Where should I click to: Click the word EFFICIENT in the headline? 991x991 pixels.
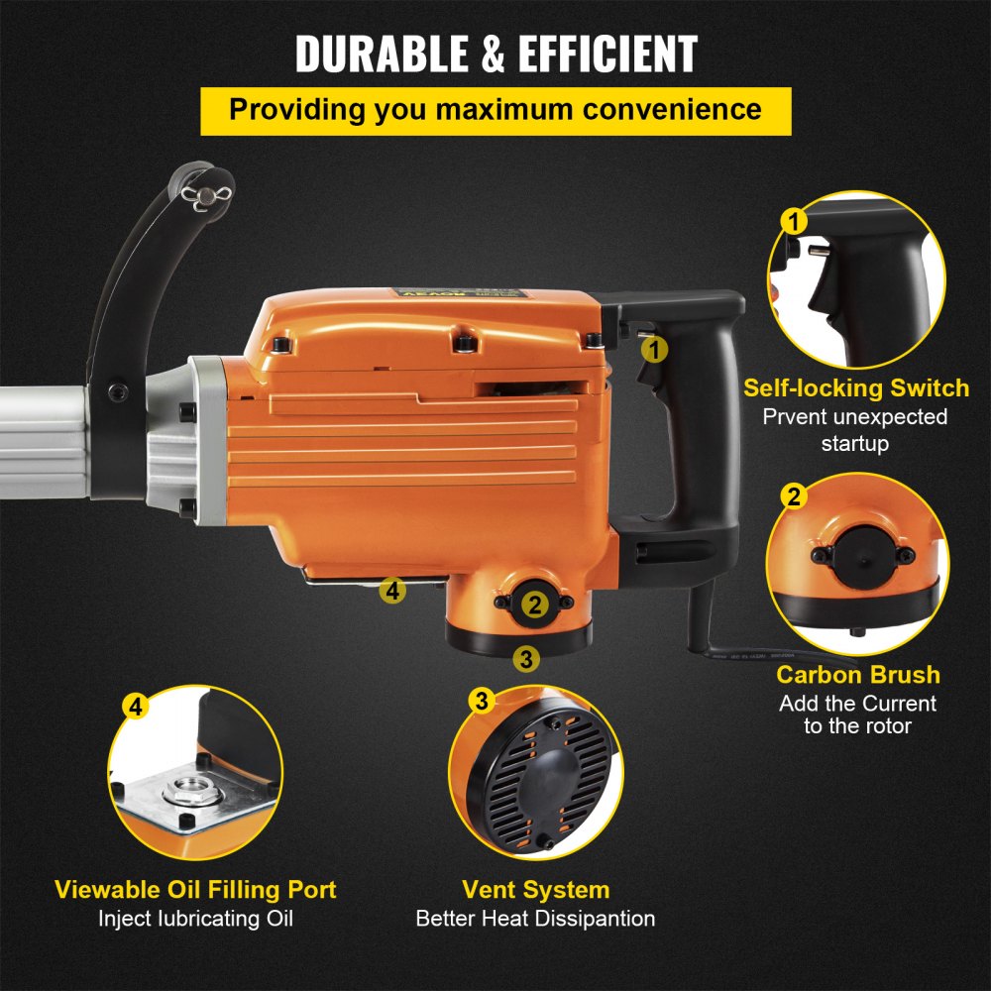pos(611,55)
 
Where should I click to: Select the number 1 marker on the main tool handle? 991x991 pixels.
pos(654,348)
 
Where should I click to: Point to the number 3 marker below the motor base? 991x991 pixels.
pos(526,657)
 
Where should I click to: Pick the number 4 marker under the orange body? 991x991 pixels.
pos(392,592)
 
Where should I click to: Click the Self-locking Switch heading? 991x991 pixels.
pos(856,387)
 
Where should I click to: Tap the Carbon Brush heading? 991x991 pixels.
pos(857,676)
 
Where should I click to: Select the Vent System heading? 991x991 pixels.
pos(535,889)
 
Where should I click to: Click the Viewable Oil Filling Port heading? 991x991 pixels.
pos(195,889)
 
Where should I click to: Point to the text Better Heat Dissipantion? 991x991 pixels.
pos(535,919)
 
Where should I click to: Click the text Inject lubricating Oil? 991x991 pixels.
pos(195,919)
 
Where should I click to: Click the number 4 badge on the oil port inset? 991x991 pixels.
pos(136,707)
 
